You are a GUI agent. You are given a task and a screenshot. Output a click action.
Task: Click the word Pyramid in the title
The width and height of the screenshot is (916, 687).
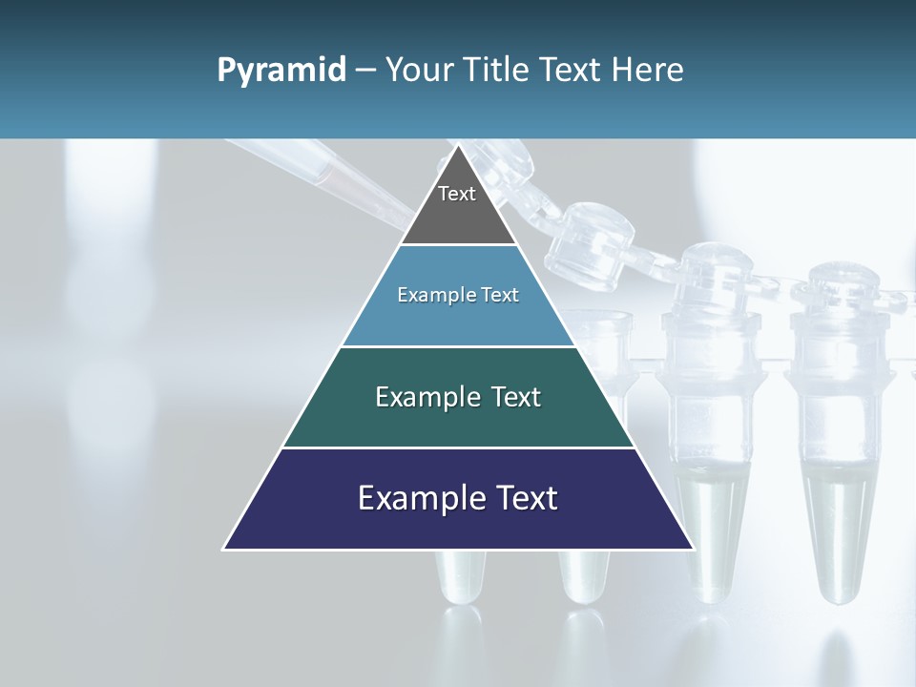pos(281,71)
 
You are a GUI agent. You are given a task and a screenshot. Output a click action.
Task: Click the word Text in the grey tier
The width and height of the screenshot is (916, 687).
pos(457,194)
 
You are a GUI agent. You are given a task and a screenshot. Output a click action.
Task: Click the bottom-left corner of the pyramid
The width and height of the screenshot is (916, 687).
pos(224,549)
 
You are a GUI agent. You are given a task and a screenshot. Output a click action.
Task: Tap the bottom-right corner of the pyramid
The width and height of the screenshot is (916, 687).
pos(693,549)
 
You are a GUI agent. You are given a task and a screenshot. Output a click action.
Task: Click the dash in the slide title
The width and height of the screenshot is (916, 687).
pos(365,71)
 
